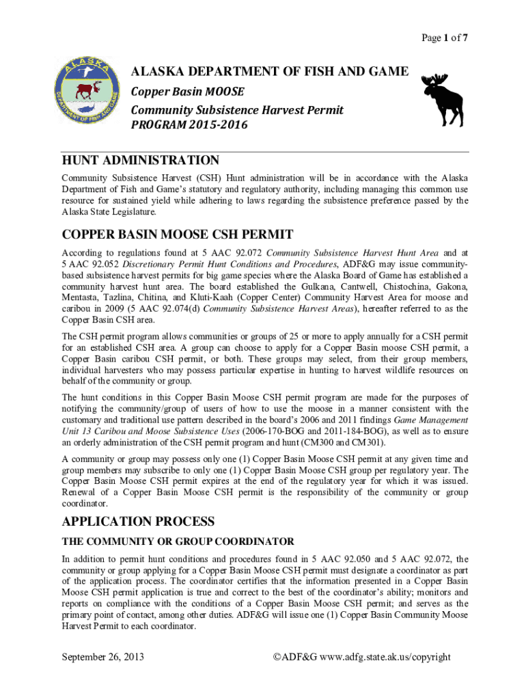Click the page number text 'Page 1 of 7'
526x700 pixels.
(443, 38)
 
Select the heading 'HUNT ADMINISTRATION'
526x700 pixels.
(141, 161)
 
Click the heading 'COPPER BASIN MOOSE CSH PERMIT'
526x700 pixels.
(178, 235)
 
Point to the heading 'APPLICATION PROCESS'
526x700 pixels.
(139, 522)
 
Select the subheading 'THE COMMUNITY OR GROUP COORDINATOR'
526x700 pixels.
(178, 541)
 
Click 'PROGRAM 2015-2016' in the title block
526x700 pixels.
(180, 124)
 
